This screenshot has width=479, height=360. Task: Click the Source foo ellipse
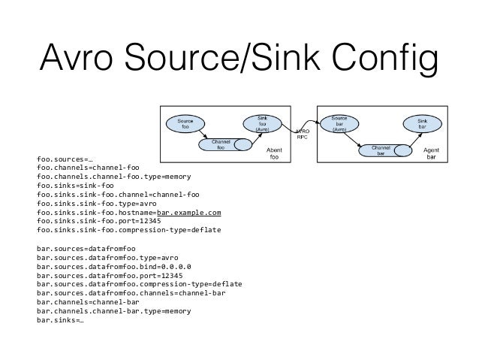pyautogui.click(x=184, y=125)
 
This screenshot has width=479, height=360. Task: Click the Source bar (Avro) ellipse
pyautogui.click(x=339, y=123)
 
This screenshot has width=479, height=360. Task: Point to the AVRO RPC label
pyautogui.click(x=301, y=134)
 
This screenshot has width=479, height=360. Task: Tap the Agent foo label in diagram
pyautogui.click(x=275, y=153)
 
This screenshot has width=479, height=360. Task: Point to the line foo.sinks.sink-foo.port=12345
pyautogui.click(x=98, y=221)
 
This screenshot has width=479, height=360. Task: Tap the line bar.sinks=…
pyautogui.click(x=60, y=319)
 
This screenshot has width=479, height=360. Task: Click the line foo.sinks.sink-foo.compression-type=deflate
pyautogui.click(x=128, y=230)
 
